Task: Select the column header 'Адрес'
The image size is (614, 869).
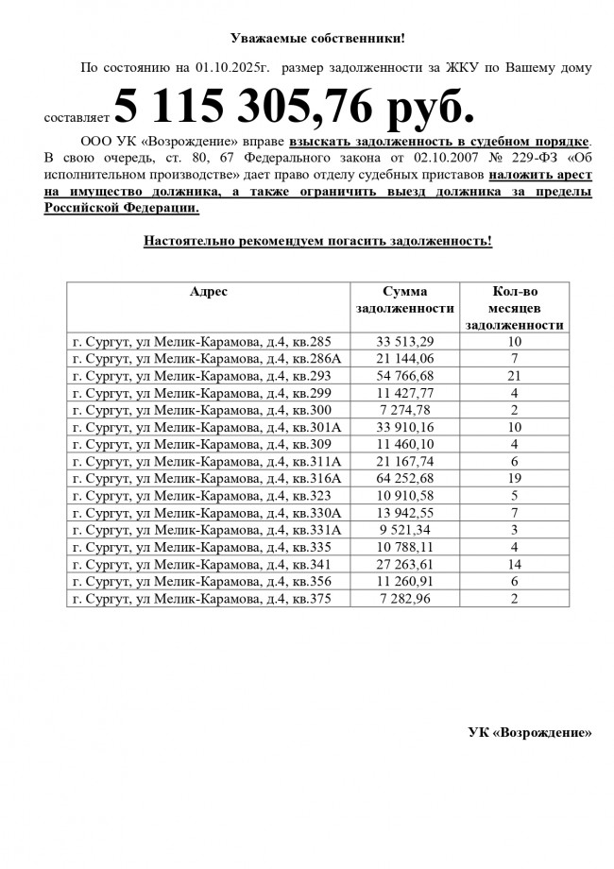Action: tap(208, 292)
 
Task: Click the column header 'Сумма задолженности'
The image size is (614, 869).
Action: tap(405, 300)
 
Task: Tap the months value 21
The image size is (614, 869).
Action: tap(515, 376)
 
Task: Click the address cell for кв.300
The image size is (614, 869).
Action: tap(202, 410)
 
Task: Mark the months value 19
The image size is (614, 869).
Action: tap(515, 478)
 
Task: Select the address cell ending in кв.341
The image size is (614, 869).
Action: tap(202, 563)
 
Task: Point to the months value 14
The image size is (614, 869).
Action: tap(515, 563)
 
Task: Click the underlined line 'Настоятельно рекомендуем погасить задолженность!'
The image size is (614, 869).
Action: tap(317, 241)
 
